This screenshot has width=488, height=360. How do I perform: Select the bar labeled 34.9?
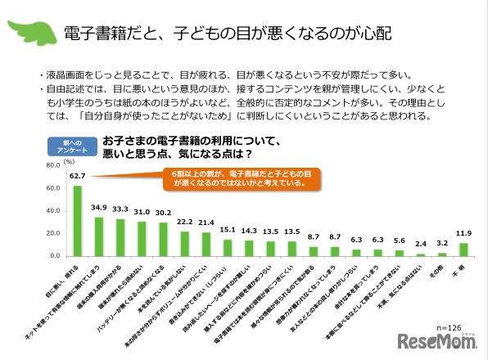pos(99,236)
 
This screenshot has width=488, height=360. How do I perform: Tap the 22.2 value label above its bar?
pos(184,223)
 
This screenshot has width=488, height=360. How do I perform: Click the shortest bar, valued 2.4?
pos(421,254)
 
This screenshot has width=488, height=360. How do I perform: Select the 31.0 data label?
pos(142,213)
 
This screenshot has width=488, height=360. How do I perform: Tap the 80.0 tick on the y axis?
pos(52,165)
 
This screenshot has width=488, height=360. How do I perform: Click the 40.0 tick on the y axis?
pos(52,211)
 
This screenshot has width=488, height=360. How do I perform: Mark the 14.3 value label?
pos(249,232)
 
